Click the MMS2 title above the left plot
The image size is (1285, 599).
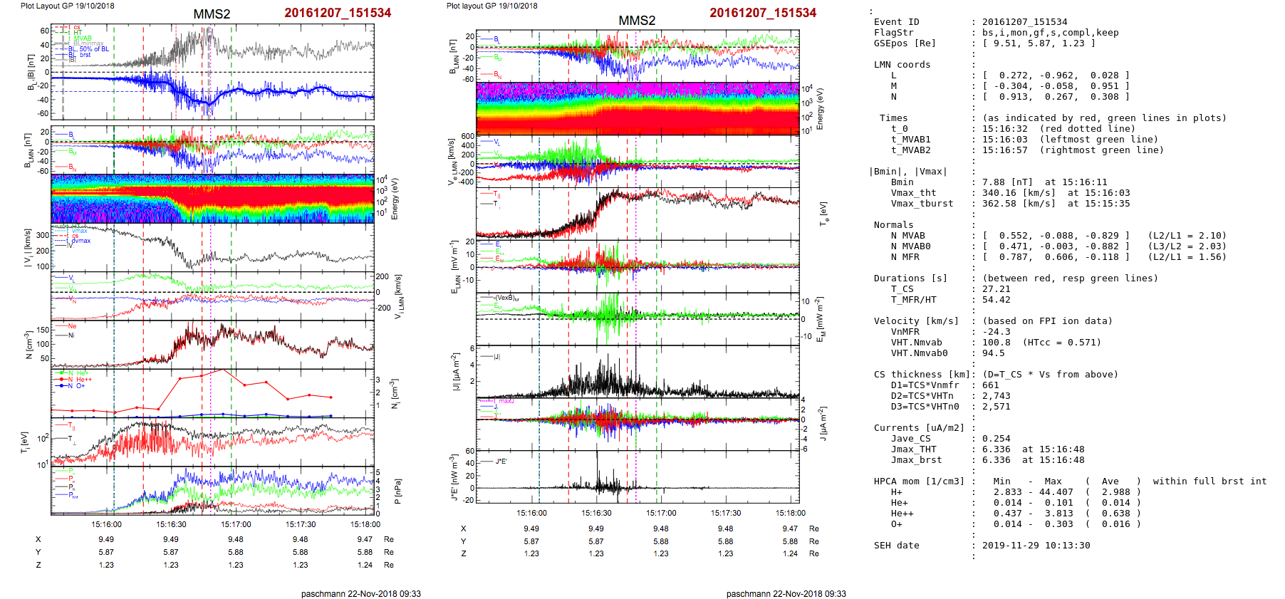tap(212, 14)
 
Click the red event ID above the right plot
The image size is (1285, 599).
tap(762, 13)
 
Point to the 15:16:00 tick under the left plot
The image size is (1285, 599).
tap(107, 524)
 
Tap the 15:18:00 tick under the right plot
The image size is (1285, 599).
tap(791, 513)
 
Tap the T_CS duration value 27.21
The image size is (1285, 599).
tap(996, 289)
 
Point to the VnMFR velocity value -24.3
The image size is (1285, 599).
tap(996, 332)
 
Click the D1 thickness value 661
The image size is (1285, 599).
tap(990, 385)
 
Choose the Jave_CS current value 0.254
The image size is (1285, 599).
tap(996, 439)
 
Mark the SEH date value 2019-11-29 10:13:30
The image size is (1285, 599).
tap(1036, 546)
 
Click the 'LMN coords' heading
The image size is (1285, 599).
tap(902, 65)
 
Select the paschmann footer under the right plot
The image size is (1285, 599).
tap(786, 593)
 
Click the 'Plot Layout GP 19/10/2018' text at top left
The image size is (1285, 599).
tap(67, 6)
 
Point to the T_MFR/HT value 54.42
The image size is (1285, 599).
tap(996, 300)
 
